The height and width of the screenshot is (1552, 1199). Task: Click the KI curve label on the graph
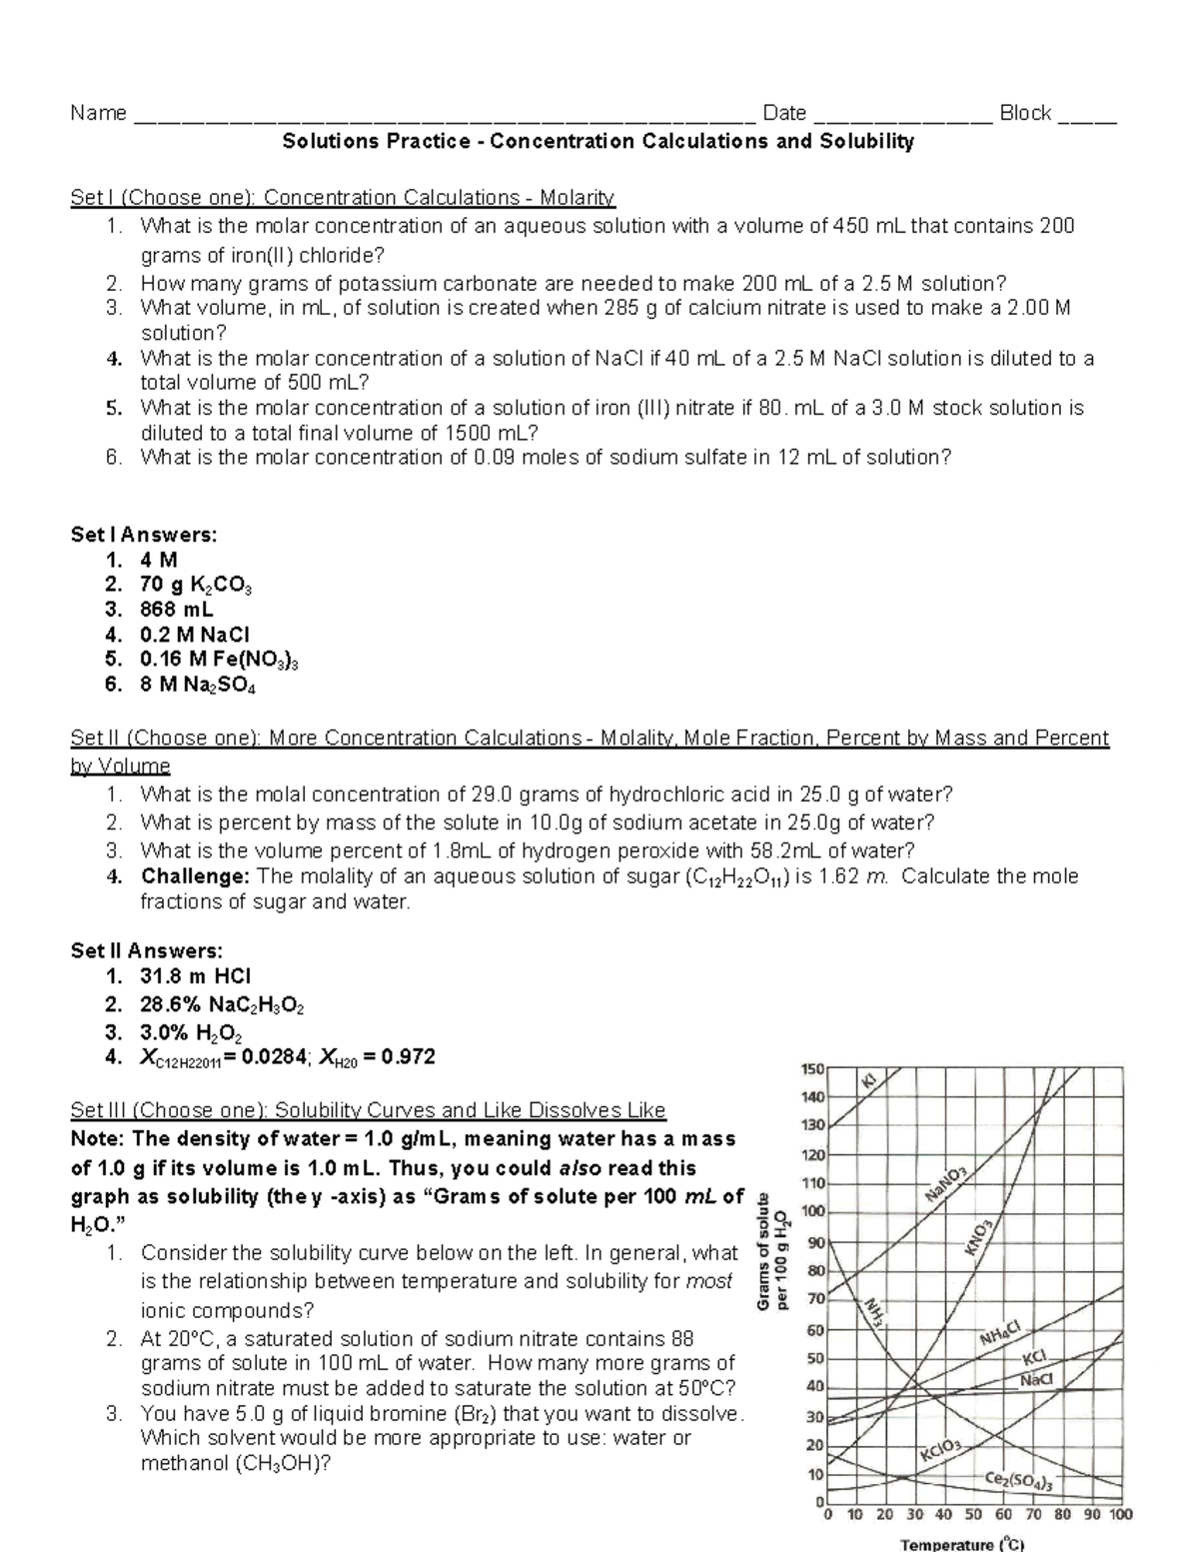(869, 1081)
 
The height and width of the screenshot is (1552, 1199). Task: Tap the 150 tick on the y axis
(811, 1068)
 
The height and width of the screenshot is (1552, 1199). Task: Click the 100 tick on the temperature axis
(1121, 1514)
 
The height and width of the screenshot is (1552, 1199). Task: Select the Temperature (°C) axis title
(962, 1544)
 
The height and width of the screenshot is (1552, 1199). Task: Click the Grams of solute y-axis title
(771, 1252)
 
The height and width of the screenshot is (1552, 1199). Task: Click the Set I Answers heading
(144, 535)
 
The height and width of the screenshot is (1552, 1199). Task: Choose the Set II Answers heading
(147, 950)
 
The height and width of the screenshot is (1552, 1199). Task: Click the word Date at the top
(783, 113)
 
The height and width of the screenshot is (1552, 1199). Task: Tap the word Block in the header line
(1025, 113)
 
